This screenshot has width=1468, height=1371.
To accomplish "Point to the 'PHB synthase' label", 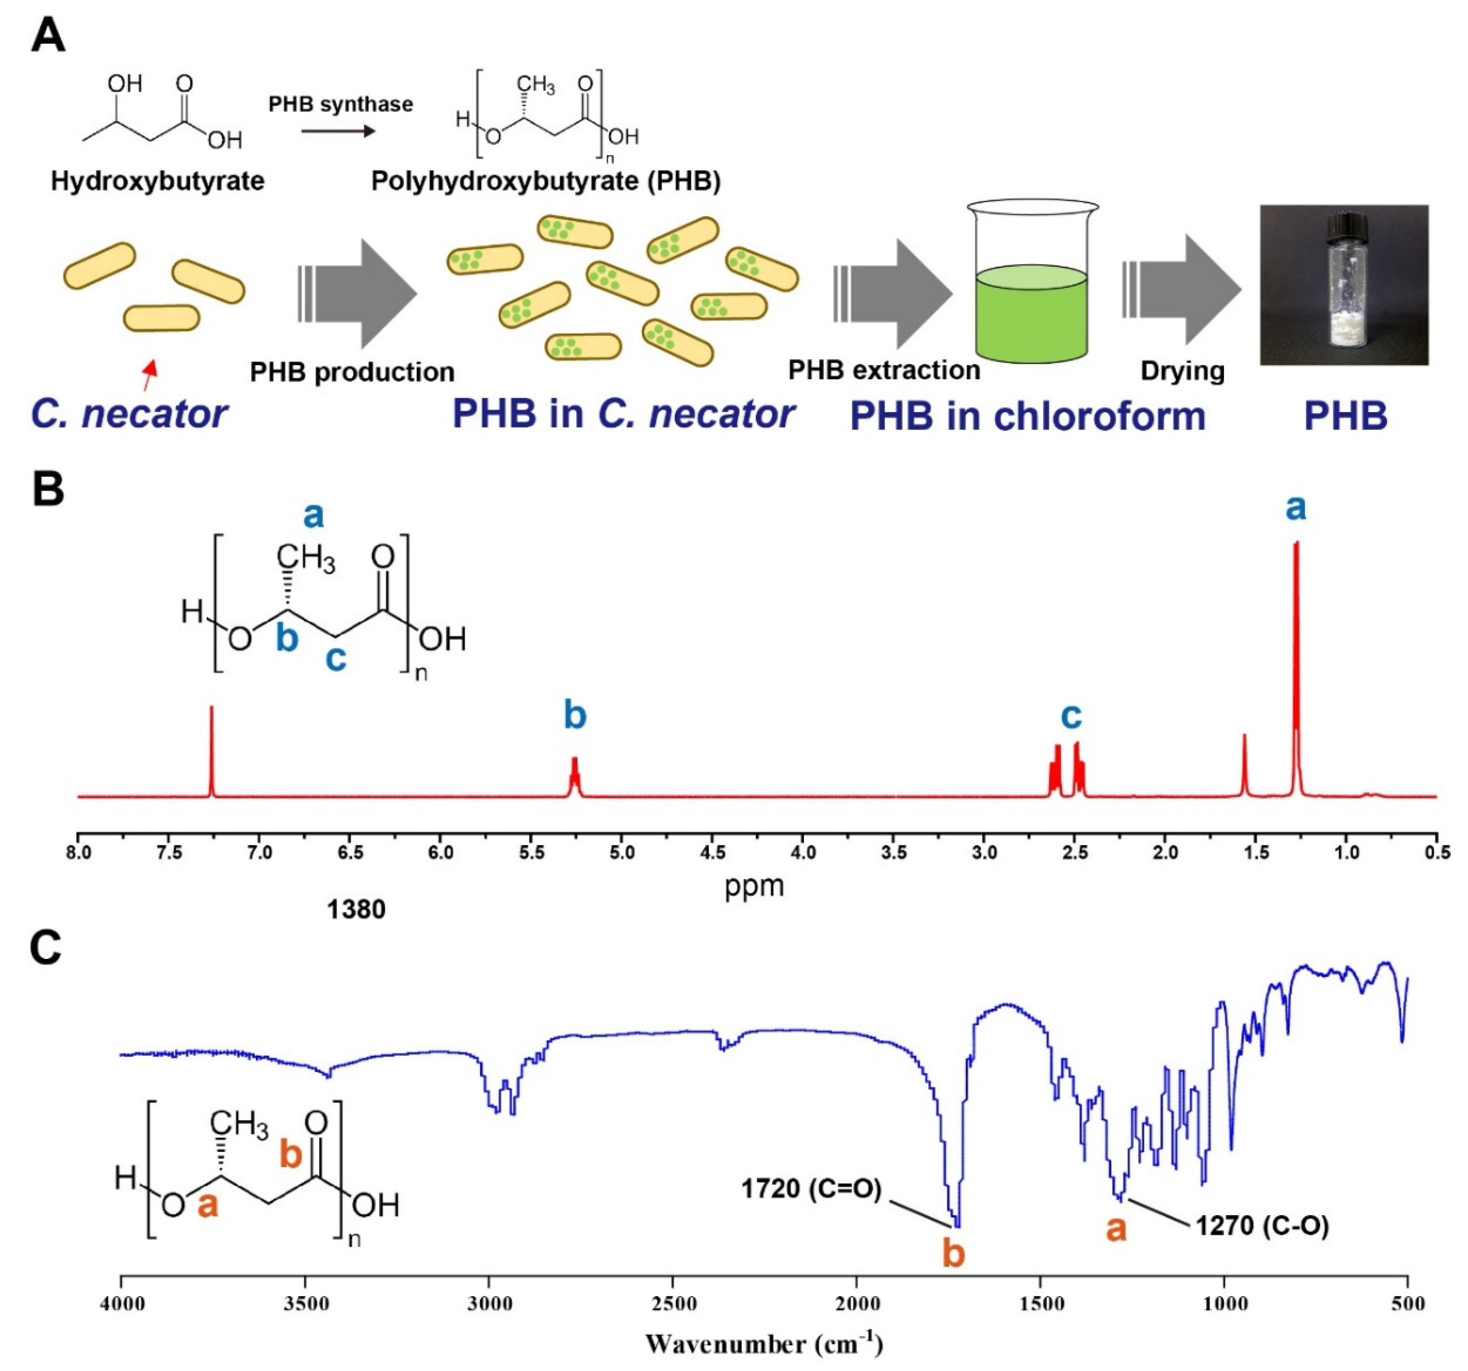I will click(x=340, y=104).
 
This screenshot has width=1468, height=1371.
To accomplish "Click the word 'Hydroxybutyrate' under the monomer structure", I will click(x=157, y=181).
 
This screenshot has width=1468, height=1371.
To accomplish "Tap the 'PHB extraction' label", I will click(x=884, y=370).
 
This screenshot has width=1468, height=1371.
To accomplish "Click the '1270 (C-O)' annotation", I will click(x=1262, y=1226).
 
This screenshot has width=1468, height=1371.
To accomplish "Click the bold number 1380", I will click(x=356, y=910).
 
